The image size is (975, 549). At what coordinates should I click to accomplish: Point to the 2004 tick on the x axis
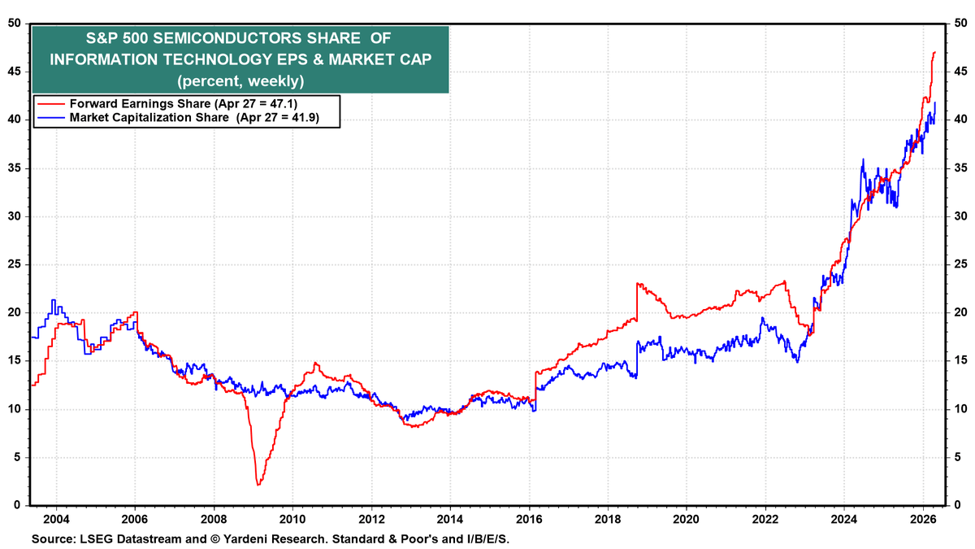tap(55, 519)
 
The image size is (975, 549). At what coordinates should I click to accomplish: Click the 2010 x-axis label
tap(292, 519)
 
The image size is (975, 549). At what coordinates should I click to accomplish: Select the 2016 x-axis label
tap(530, 519)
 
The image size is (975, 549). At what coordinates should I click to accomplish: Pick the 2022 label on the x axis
tap(766, 519)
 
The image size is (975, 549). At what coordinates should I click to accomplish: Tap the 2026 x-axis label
tap(924, 519)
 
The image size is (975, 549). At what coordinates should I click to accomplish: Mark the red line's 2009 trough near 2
tap(258, 485)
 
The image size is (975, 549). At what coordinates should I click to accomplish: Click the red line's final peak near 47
tap(934, 52)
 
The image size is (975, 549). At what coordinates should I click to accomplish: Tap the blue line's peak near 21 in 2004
tap(54, 300)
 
